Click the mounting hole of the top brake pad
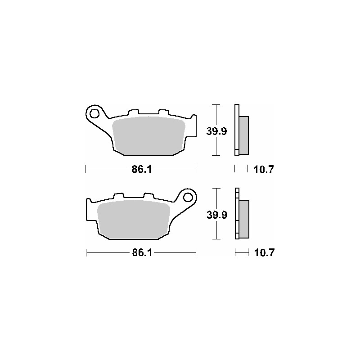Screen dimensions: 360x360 (x=94, y=112)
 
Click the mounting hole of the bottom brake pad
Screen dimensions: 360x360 (x=189, y=197)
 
